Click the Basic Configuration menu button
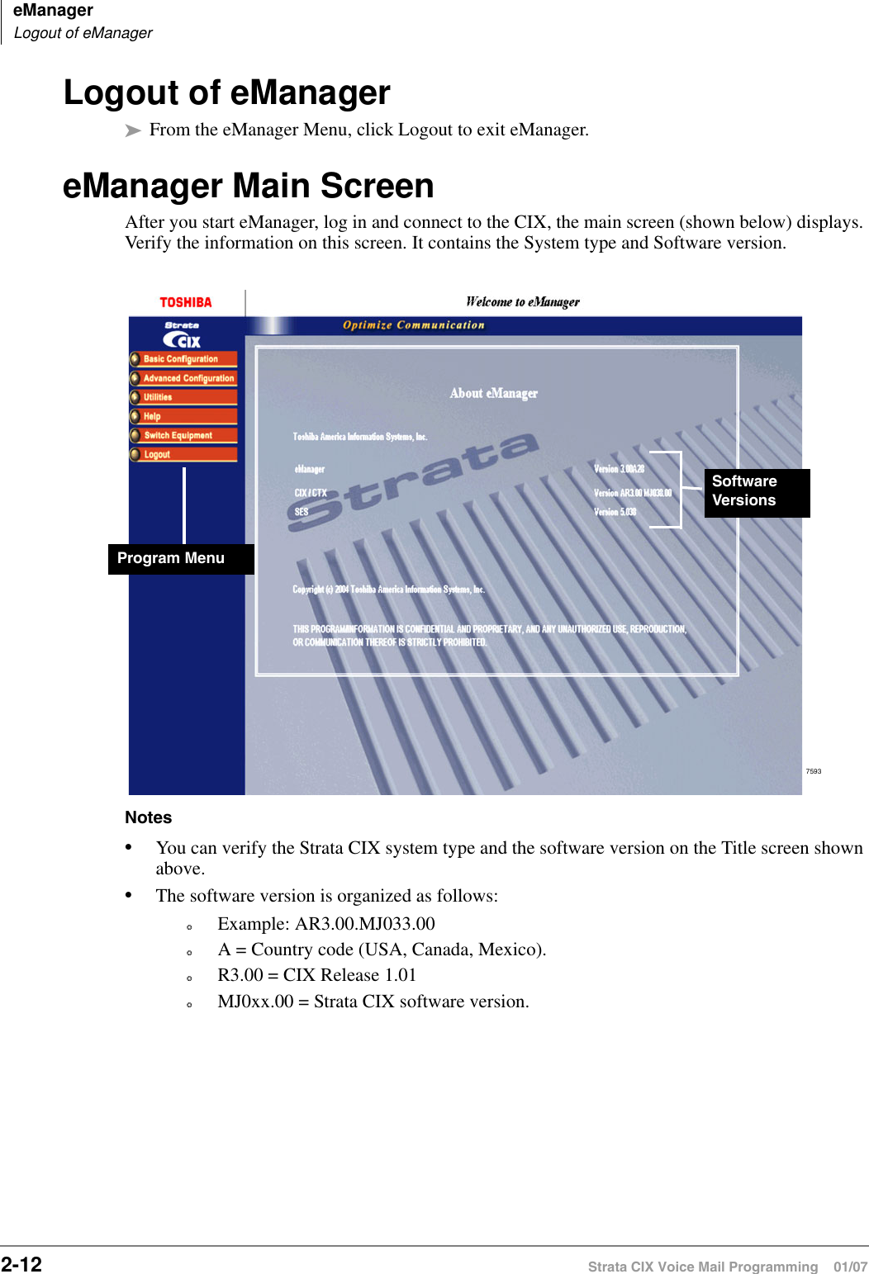click(x=183, y=359)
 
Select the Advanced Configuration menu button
click(x=184, y=378)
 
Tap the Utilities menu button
click(x=183, y=397)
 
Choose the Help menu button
click(x=183, y=416)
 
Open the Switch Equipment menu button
click(x=183, y=435)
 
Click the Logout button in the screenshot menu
click(x=183, y=454)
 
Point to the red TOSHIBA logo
click(x=186, y=302)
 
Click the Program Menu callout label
click(x=171, y=558)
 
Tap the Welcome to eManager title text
click(x=522, y=302)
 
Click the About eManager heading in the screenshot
click(x=493, y=394)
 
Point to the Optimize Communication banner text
click(x=414, y=325)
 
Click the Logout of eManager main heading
click(x=227, y=92)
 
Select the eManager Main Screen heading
click(x=249, y=186)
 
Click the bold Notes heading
click(x=149, y=817)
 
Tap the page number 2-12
click(x=21, y=1264)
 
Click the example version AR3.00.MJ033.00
click(x=365, y=924)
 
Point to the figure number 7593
click(x=814, y=771)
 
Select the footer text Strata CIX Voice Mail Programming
click(x=702, y=1267)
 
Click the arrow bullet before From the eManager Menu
click(x=133, y=130)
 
